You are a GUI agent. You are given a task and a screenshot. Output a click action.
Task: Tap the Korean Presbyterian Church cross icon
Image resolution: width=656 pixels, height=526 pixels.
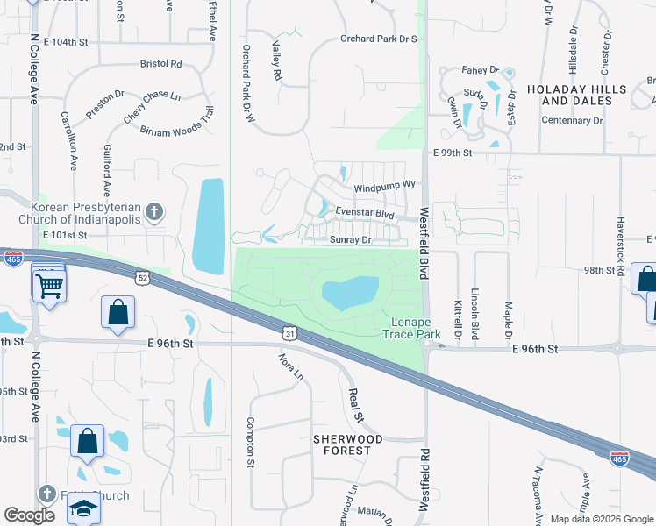(154, 211)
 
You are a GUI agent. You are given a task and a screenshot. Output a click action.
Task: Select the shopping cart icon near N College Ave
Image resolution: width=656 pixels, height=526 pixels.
(49, 284)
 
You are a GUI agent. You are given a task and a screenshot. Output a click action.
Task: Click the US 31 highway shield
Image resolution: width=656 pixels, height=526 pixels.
(290, 332)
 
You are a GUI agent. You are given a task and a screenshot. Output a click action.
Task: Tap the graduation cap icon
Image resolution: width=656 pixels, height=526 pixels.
(82, 508)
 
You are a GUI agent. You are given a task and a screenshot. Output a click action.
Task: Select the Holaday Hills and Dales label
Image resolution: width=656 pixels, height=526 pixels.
(576, 95)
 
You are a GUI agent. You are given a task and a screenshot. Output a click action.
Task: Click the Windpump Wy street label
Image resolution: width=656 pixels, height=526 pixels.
(384, 188)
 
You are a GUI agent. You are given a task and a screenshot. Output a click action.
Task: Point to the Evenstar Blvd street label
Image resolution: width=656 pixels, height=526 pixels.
(365, 214)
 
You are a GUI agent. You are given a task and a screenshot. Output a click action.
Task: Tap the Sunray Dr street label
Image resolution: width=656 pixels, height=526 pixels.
(352, 238)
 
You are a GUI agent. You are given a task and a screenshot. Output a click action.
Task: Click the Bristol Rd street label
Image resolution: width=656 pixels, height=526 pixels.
(160, 64)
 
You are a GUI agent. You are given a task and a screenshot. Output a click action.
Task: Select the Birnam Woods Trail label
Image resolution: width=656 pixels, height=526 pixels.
(177, 123)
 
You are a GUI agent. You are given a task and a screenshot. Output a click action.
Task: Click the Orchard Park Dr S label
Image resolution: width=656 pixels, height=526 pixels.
(378, 39)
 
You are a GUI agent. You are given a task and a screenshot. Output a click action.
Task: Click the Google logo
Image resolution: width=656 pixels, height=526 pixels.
(30, 515)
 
